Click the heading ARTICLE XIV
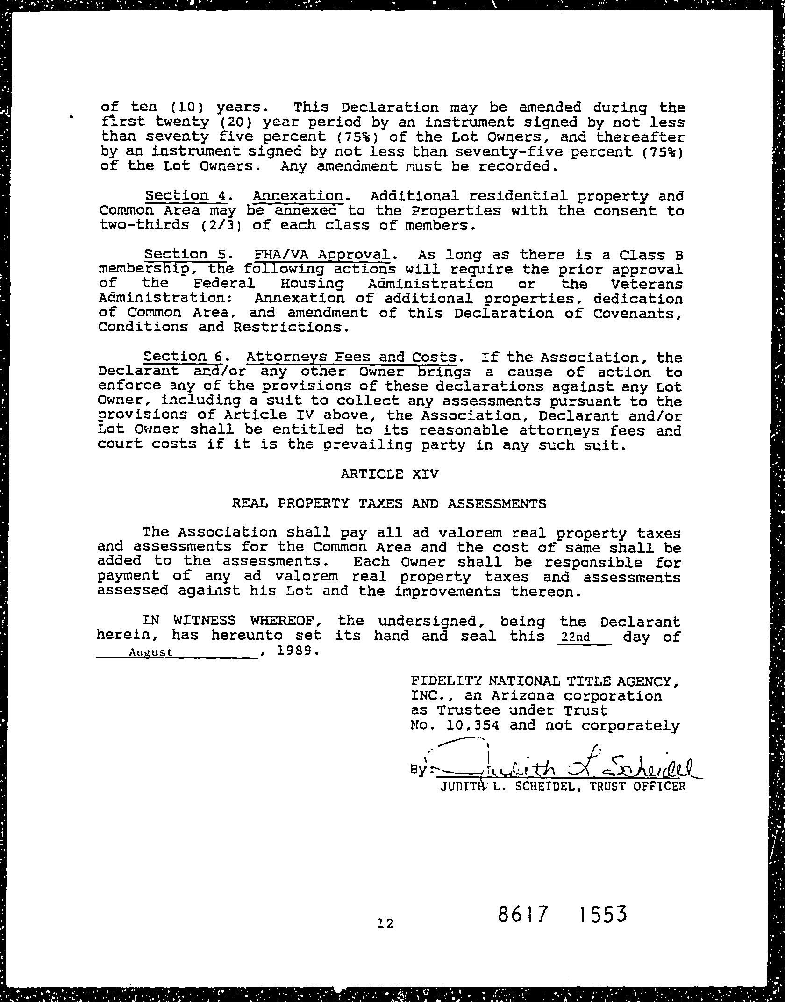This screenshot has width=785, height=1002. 389,474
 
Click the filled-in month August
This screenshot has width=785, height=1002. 150,652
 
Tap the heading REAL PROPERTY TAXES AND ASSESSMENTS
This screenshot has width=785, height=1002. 389,504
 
